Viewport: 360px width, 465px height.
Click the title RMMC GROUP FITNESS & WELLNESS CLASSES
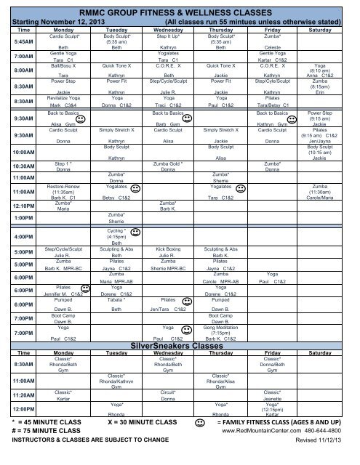pyautogui.click(x=179, y=13)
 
